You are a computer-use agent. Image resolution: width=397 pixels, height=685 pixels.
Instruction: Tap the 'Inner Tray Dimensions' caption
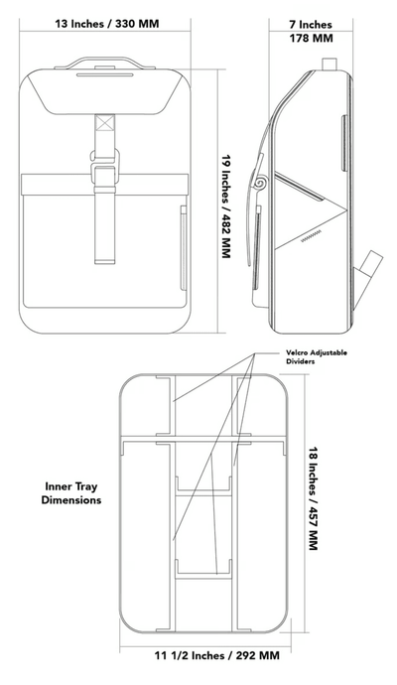pyautogui.click(x=72, y=493)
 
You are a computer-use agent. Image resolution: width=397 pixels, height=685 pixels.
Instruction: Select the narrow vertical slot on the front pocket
pyautogui.click(x=184, y=238)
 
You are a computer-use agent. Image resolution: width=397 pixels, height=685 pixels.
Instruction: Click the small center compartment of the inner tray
pyautogui.click(x=204, y=526)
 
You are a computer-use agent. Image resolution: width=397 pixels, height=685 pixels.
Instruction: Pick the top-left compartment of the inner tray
pyautogui.click(x=145, y=407)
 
